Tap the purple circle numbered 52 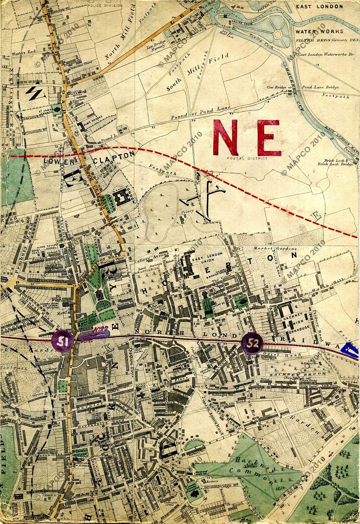pos(252,343)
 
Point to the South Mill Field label pos(198,72)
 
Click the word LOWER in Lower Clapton pos(58,161)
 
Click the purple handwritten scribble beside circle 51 pos(94,332)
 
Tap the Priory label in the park pos(188,212)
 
